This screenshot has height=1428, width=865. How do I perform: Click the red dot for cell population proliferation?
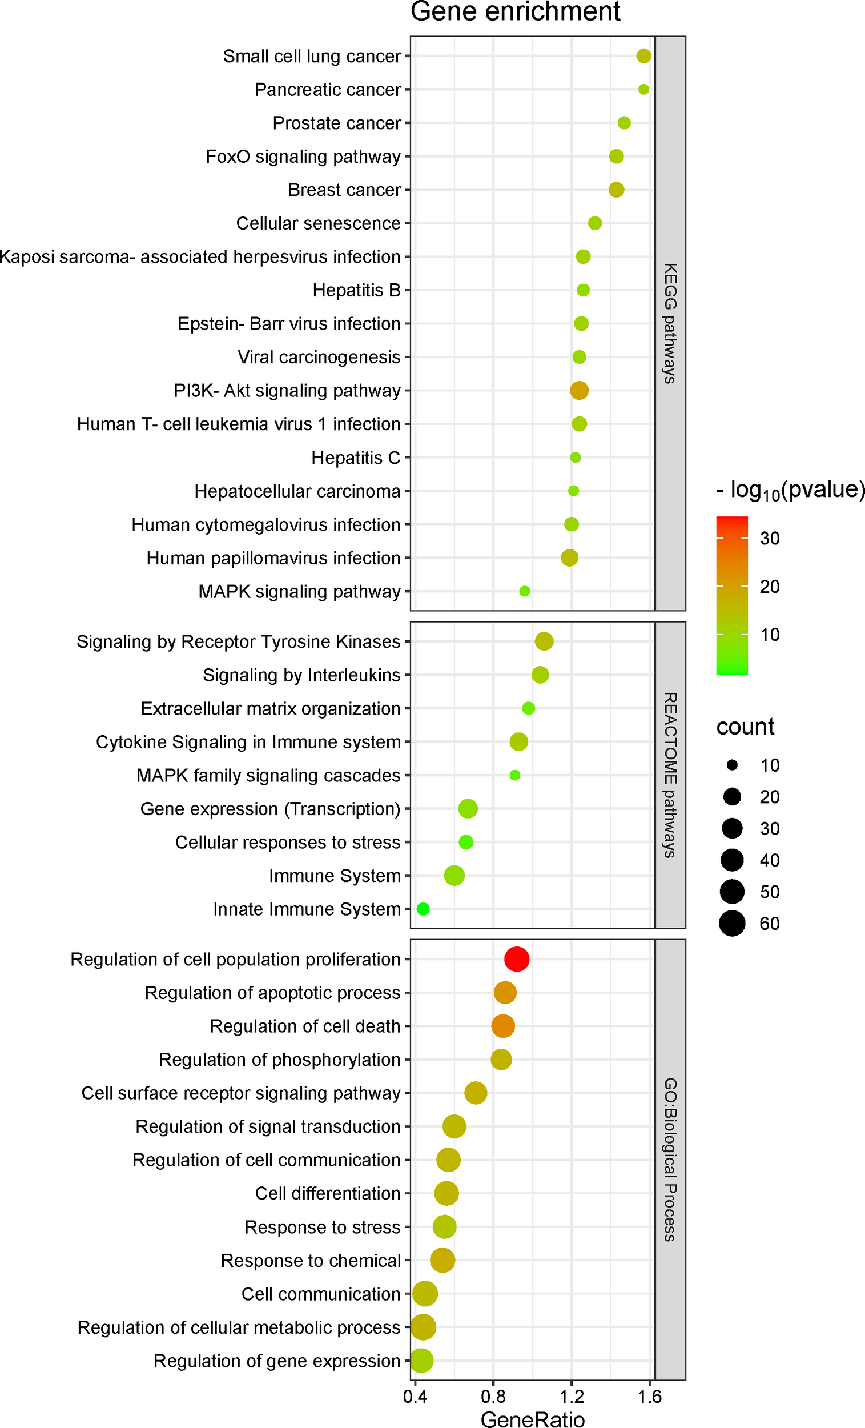click(x=516, y=959)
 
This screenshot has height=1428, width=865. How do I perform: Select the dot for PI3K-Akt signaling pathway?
click(x=579, y=390)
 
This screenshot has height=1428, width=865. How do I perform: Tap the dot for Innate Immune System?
click(x=423, y=909)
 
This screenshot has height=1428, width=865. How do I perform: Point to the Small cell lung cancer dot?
click(x=643, y=55)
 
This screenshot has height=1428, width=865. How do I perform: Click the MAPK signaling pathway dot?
click(x=524, y=591)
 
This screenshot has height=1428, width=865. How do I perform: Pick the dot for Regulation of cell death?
click(x=502, y=1026)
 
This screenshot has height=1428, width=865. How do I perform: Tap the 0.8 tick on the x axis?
click(x=493, y=1397)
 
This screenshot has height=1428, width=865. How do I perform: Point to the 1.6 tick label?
click(x=650, y=1397)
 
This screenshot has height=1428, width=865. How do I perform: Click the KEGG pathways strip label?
click(x=670, y=323)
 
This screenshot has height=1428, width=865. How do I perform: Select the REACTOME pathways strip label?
click(x=670, y=775)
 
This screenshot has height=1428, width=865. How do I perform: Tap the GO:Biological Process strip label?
click(x=670, y=1159)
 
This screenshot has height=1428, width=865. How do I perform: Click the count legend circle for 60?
click(x=733, y=923)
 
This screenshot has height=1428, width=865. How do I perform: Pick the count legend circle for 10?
click(x=733, y=765)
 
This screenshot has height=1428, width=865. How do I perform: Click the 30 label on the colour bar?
click(x=770, y=539)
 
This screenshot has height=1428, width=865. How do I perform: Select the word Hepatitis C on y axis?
click(x=356, y=458)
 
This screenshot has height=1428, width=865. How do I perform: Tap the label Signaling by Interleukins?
click(x=301, y=675)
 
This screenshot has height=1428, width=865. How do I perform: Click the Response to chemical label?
click(x=311, y=1261)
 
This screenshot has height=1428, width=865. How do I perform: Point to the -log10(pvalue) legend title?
click(x=790, y=490)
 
